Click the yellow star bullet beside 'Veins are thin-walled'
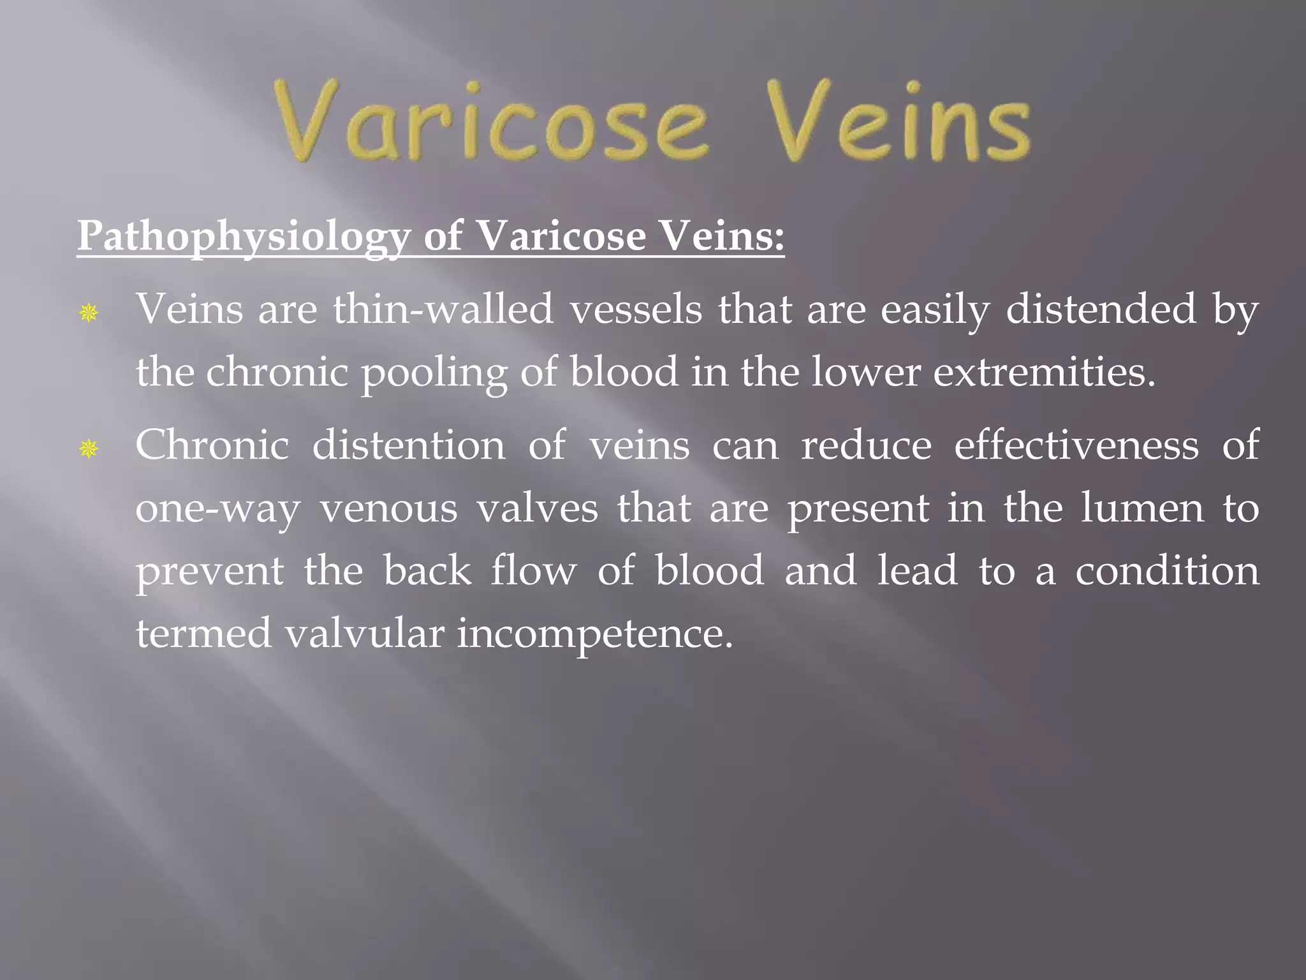click(89, 313)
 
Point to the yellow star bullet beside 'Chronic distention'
click(89, 449)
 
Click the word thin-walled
click(443, 310)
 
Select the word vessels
click(636, 310)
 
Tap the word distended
click(1101, 310)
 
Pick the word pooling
click(434, 374)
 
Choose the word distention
click(409, 445)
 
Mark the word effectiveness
click(1076, 445)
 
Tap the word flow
click(533, 570)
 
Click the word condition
click(1168, 570)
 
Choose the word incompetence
click(595, 635)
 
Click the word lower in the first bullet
click(865, 373)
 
